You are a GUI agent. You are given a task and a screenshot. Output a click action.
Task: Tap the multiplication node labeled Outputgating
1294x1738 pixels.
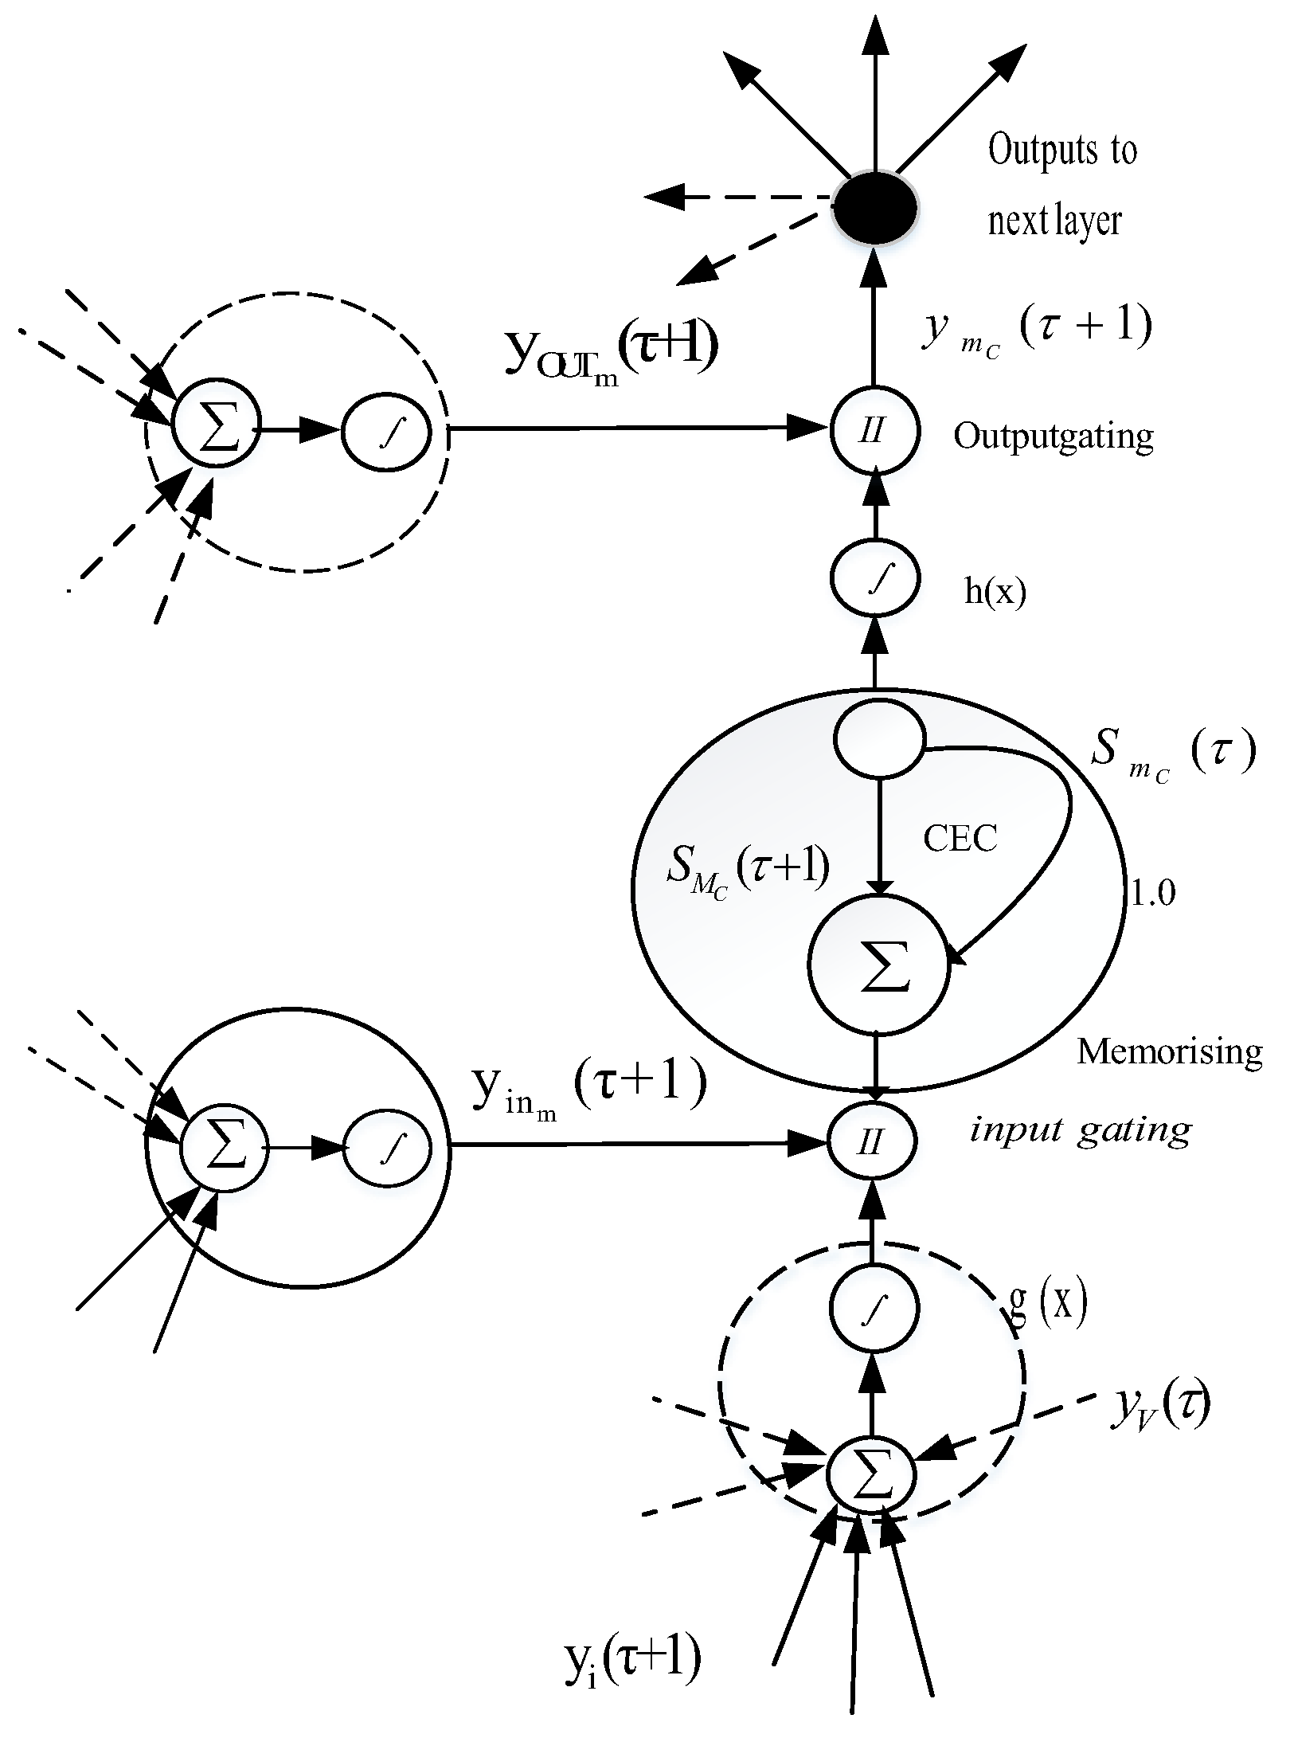click(x=874, y=431)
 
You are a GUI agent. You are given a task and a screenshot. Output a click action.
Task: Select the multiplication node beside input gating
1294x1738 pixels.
click(x=873, y=1143)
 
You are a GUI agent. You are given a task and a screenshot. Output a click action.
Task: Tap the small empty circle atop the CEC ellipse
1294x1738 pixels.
click(x=879, y=740)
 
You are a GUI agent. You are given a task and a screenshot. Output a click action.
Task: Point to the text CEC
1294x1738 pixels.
click(x=960, y=839)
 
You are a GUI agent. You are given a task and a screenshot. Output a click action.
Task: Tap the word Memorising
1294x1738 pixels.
click(x=1169, y=1052)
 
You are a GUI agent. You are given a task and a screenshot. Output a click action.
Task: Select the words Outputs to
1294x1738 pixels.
click(x=1062, y=150)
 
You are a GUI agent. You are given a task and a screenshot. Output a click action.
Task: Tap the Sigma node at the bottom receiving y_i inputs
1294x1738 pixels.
click(x=873, y=1474)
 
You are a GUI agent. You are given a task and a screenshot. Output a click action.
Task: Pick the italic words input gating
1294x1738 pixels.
click(x=1080, y=1130)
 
